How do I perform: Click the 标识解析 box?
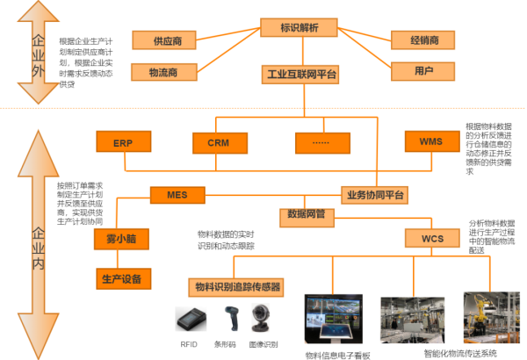300,26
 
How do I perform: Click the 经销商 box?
425,40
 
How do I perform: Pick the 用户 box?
425,70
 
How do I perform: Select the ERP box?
122,140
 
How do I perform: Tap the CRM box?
218,140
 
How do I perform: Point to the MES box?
177,194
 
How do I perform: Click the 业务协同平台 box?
375,194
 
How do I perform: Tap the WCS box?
432,238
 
